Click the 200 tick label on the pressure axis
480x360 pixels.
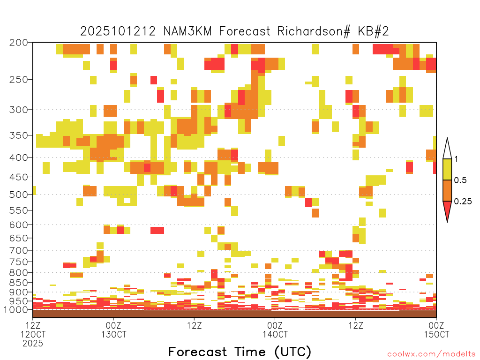click(x=18, y=43)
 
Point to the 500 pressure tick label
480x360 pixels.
click(x=18, y=195)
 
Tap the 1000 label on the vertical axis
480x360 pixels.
click(x=16, y=309)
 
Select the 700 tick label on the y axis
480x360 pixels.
click(x=18, y=250)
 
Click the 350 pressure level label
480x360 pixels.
click(x=18, y=135)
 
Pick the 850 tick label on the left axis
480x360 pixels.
click(x=18, y=283)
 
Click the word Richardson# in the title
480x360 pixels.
click(x=314, y=31)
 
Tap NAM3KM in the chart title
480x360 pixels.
click(x=187, y=31)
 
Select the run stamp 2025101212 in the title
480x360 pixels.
click(x=118, y=31)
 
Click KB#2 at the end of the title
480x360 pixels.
click(x=373, y=31)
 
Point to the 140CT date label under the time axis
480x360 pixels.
click(x=275, y=334)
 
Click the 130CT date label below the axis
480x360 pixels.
click(x=113, y=334)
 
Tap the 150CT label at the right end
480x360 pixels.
click(x=436, y=334)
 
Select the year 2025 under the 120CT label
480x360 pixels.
click(x=33, y=343)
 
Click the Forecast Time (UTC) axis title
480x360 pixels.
click(x=240, y=352)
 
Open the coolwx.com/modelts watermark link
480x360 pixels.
click(x=431, y=354)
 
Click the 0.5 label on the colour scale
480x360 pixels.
click(x=460, y=180)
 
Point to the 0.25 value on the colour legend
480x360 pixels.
click(x=463, y=201)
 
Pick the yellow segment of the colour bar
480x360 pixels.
click(x=447, y=169)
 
